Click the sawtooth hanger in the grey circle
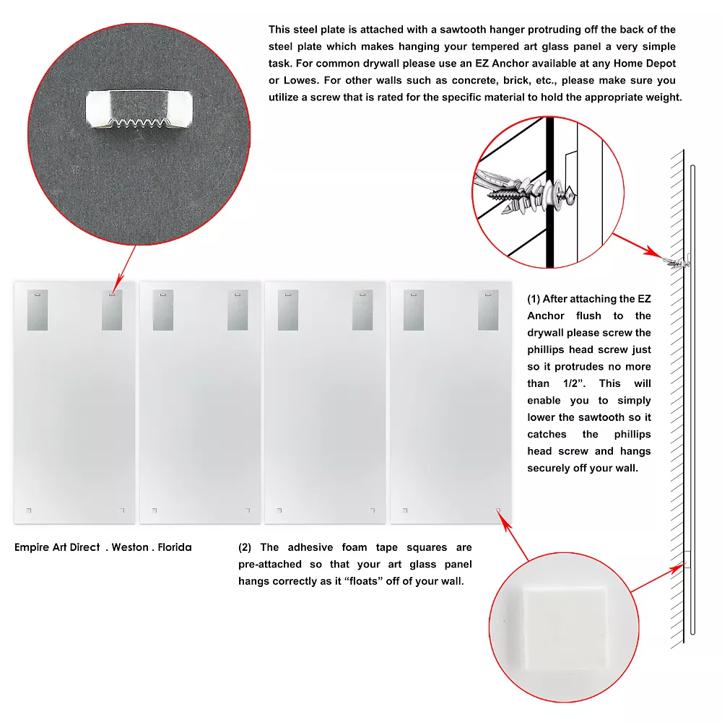click(139, 109)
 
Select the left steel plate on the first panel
click(38, 310)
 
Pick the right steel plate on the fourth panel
click(488, 310)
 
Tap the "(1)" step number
click(534, 300)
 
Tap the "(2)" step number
click(245, 547)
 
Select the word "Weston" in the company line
click(130, 547)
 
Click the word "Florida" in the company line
click(175, 547)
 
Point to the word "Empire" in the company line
click(31, 547)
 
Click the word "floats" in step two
click(364, 581)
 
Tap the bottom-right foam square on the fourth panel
click(497, 510)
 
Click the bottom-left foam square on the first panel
click(29, 510)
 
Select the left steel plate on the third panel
click(288, 310)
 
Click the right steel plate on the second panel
click(238, 310)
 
